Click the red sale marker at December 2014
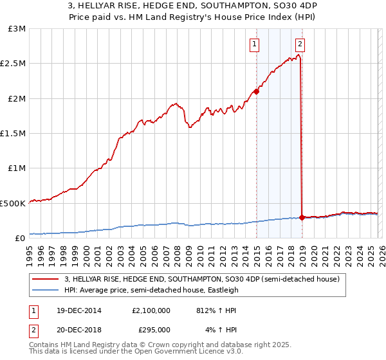256,91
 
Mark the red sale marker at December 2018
302,217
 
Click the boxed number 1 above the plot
255,44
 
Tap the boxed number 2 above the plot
300,44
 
